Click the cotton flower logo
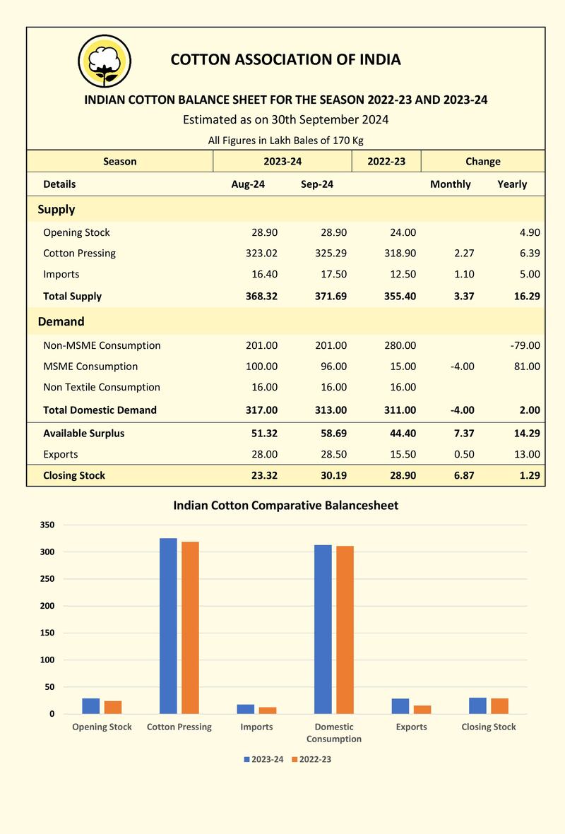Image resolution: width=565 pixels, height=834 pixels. point(105,61)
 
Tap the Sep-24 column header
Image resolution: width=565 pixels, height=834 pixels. point(317,184)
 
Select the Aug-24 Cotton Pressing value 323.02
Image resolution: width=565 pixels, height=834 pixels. point(261,254)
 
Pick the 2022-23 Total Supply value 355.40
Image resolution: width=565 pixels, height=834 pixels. point(400,297)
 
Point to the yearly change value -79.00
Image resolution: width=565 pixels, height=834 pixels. point(525,345)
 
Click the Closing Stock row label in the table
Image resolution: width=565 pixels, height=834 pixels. point(74,475)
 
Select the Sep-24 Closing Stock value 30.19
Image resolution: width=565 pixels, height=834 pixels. point(333,475)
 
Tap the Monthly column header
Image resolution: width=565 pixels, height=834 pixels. point(451,184)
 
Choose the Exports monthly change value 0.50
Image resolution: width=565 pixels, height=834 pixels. point(464,454)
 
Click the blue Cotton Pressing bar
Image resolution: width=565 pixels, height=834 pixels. point(168,626)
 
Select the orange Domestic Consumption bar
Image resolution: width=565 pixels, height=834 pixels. point(345,630)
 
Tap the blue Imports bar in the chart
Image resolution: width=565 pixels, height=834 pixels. point(246,709)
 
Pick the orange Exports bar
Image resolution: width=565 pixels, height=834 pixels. point(422,710)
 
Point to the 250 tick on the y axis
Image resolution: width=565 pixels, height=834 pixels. point(47,578)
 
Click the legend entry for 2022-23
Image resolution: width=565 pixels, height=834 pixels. point(311,759)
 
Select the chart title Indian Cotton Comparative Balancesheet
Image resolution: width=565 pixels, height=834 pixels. point(286,506)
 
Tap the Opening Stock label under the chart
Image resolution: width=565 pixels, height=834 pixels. point(102,727)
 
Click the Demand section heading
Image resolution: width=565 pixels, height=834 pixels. point(61,321)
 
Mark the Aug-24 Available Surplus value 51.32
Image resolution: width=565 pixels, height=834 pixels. point(264,433)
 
